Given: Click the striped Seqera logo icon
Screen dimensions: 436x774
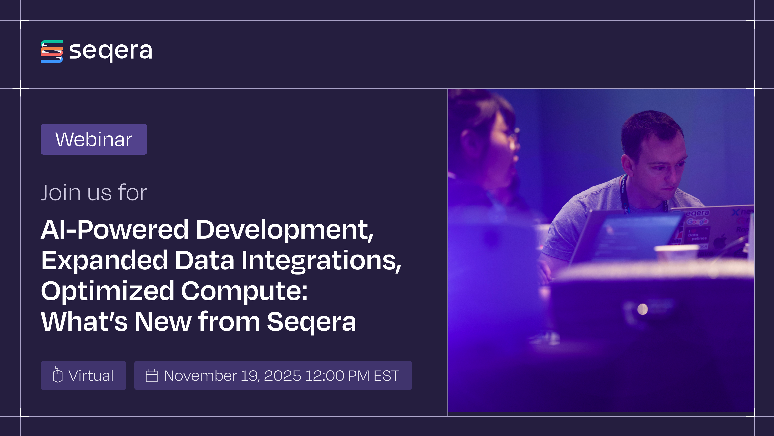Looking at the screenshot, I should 52,51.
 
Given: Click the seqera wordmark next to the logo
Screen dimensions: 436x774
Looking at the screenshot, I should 111,51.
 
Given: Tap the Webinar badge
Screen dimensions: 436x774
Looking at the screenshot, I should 94,139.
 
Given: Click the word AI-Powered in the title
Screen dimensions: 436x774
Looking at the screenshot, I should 114,230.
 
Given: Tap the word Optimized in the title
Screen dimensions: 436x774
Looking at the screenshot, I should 107,291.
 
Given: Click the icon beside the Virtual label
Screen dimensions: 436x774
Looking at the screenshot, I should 58,375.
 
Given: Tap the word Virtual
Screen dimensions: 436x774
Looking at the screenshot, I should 91,375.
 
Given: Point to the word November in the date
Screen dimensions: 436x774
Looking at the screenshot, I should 200,375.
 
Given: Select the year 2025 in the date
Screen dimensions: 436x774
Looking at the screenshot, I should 282,375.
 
